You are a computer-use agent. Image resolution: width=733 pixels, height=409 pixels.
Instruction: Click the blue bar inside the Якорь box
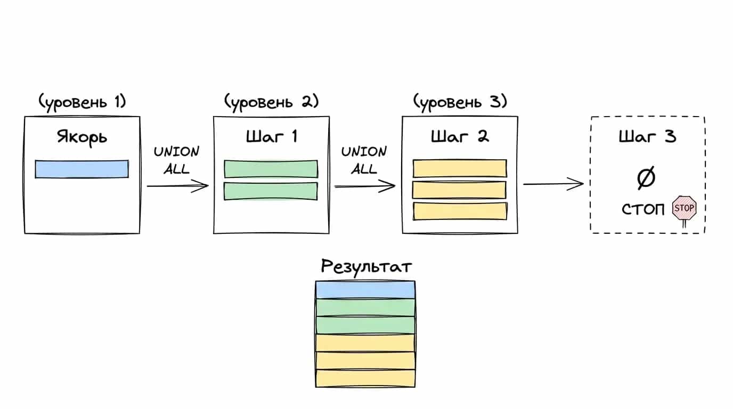point(82,169)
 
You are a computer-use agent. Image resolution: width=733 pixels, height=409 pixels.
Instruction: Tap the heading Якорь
point(82,137)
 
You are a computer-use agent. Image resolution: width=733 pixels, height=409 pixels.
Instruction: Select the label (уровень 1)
point(82,102)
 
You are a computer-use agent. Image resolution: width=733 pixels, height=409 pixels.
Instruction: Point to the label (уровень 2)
point(271,102)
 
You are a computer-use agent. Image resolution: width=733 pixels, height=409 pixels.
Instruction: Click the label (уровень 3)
point(460,102)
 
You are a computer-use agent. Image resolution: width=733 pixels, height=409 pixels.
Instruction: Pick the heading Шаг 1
point(272,136)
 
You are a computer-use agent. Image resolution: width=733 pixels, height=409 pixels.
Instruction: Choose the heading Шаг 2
point(460,136)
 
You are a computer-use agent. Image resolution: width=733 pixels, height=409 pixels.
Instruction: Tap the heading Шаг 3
point(647,136)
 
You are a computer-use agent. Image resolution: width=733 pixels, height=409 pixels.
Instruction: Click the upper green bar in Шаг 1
point(271,169)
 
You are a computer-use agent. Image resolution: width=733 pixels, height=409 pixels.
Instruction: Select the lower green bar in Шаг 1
point(271,191)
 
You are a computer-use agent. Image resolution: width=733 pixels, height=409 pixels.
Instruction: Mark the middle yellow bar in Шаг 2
point(459,190)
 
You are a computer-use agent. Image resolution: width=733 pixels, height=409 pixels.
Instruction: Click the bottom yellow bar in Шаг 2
point(460,211)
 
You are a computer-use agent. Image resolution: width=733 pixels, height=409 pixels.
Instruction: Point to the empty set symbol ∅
point(646,178)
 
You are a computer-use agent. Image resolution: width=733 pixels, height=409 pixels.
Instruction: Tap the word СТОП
point(643,209)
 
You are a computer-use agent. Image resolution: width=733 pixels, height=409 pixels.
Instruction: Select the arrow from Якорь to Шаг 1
point(178,186)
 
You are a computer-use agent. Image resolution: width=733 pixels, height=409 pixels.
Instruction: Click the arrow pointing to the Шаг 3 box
point(553,184)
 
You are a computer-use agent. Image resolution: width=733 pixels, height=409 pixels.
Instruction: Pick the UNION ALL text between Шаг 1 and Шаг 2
point(364,160)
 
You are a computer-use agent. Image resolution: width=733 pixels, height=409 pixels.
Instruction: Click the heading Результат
point(366,267)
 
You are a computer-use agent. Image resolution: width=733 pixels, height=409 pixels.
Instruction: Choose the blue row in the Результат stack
point(365,290)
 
